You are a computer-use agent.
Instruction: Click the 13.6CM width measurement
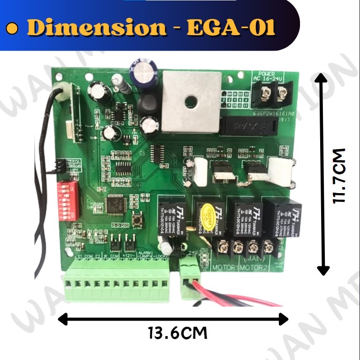pyautogui.click(x=177, y=334)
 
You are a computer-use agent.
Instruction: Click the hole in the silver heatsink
pyautogui.click(x=190, y=101)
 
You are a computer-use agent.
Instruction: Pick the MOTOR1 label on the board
pyautogui.click(x=226, y=268)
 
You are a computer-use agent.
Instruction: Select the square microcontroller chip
pyautogui.click(x=115, y=203)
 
